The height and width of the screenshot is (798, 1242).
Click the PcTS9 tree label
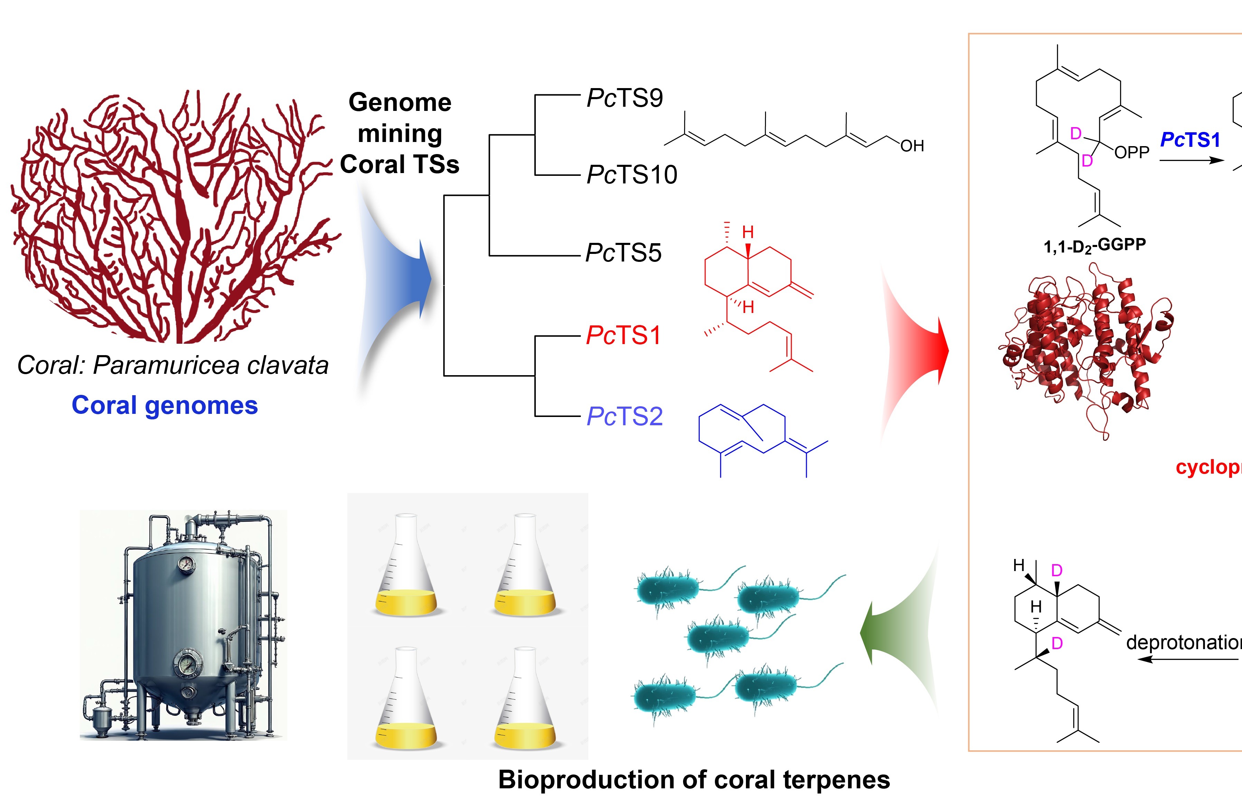(x=625, y=98)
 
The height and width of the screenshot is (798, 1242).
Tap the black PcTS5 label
(x=624, y=253)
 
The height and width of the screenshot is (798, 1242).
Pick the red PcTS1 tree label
(x=624, y=335)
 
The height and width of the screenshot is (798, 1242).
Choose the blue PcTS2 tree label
(x=625, y=416)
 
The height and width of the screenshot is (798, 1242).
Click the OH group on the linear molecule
(x=912, y=146)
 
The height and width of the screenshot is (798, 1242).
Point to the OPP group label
(x=1132, y=152)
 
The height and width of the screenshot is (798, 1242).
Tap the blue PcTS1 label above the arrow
(x=1190, y=140)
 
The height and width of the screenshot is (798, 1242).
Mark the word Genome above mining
(x=400, y=102)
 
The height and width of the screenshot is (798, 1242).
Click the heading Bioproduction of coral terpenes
(x=693, y=779)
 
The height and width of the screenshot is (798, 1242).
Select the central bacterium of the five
(x=718, y=637)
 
